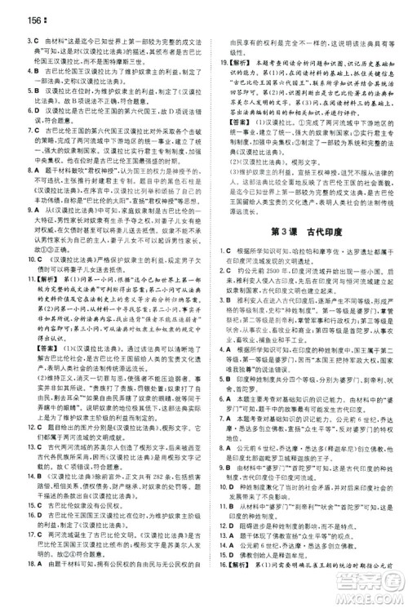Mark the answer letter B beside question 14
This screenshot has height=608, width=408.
click(20, 476)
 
